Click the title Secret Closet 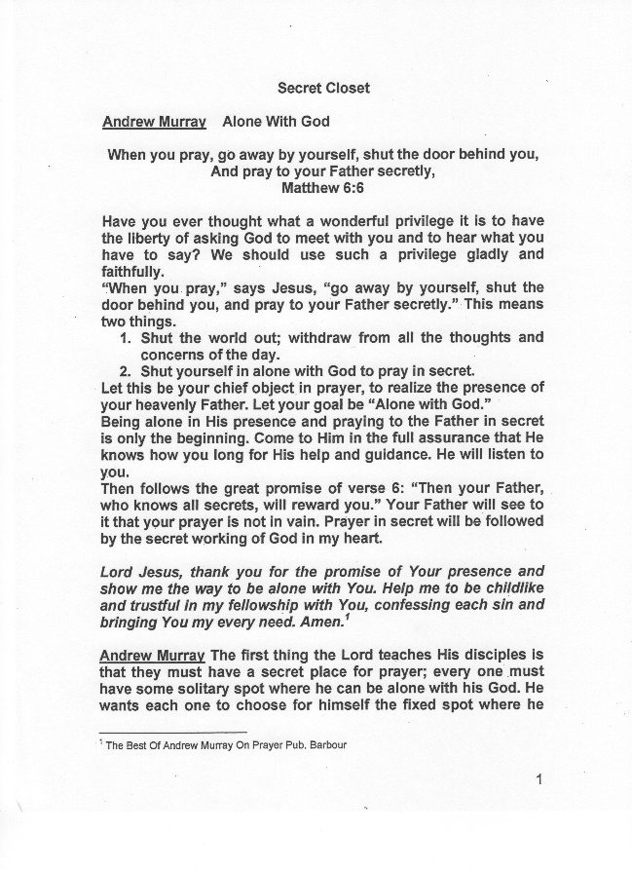pyautogui.click(x=323, y=88)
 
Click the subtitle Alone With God pyautogui.click(x=276, y=122)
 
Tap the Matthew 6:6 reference pyautogui.click(x=322, y=188)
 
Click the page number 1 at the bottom pyautogui.click(x=539, y=778)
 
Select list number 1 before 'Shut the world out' pyautogui.click(x=125, y=338)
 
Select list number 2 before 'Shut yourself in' pyautogui.click(x=125, y=371)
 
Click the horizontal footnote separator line pyautogui.click(x=173, y=732)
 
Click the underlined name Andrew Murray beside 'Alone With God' pyautogui.click(x=153, y=122)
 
